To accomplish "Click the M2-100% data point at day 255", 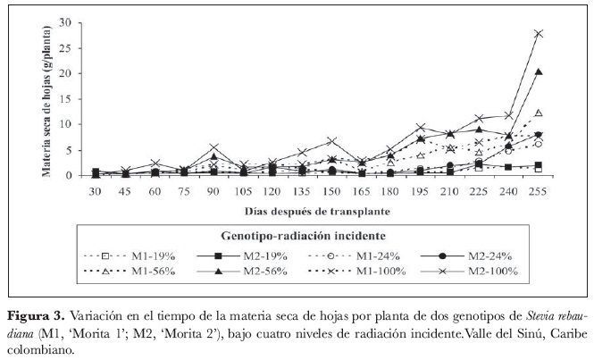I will click(538, 34).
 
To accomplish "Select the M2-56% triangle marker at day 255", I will click(538, 71).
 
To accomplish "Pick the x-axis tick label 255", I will click(538, 190).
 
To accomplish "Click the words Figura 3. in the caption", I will click(35, 316).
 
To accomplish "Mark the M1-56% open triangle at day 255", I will click(538, 113).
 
